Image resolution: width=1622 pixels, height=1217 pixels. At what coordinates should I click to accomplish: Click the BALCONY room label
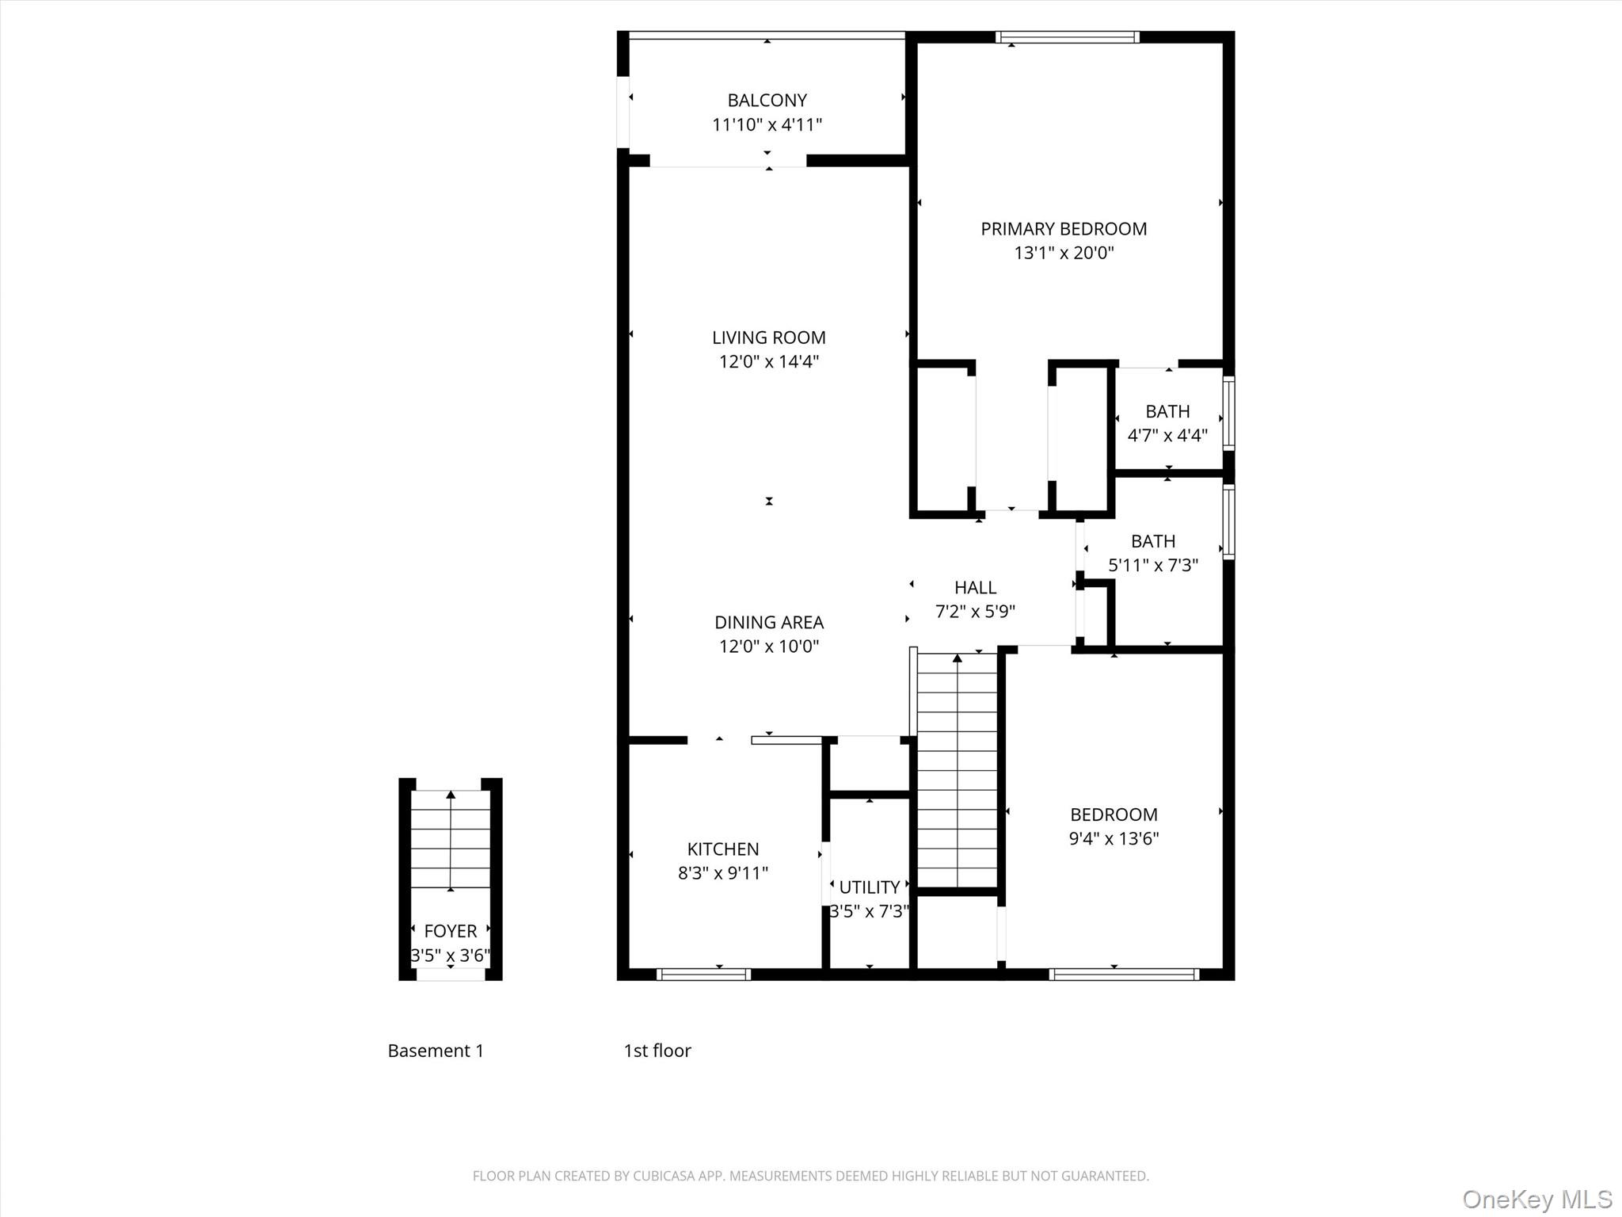tap(767, 101)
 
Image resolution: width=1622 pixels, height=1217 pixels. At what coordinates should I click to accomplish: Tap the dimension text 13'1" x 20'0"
tap(1064, 253)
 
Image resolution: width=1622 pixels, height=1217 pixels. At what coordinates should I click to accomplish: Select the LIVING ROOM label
tap(768, 338)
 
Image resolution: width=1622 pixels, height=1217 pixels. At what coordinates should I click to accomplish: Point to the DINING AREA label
tap(768, 622)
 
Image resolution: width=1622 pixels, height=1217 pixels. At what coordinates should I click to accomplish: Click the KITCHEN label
tap(722, 849)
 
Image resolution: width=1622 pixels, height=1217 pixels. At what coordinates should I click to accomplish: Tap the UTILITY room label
tap(869, 887)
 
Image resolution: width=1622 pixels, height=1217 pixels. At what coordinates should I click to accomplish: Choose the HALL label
tap(975, 588)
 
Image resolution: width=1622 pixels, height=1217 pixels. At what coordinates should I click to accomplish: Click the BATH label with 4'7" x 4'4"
tap(1167, 411)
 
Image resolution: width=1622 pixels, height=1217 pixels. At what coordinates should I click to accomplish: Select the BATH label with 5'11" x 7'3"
tap(1152, 541)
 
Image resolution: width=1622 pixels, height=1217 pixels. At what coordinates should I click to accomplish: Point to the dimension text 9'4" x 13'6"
tap(1114, 838)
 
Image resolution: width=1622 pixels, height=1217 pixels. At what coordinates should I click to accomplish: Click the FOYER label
tap(450, 931)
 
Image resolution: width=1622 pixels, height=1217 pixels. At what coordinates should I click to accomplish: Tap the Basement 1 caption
tap(436, 1051)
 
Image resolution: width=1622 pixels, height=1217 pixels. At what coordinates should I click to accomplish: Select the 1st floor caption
tap(657, 1051)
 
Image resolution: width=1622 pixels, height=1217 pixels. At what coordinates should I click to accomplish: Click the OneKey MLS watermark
tap(1536, 1199)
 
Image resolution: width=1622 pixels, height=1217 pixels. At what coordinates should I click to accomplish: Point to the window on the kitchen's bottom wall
tap(703, 975)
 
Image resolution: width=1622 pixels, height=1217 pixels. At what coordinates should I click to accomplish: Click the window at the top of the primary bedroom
tap(1067, 36)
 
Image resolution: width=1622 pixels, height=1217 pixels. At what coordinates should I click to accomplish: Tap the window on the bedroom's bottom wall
tap(1123, 975)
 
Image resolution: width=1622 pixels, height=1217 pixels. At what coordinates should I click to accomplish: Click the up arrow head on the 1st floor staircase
tap(958, 658)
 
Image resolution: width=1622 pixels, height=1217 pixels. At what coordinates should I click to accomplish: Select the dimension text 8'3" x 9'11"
tap(722, 873)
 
